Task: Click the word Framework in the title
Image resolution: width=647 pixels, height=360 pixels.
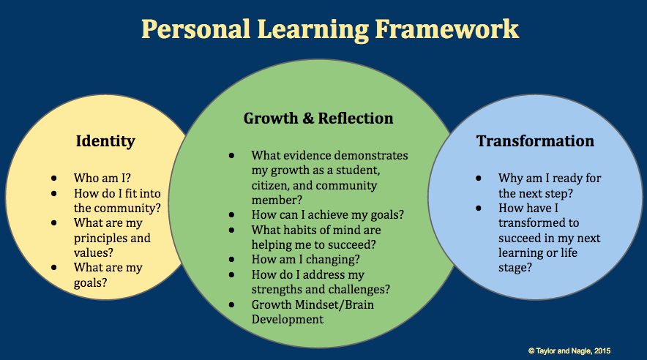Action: (x=446, y=30)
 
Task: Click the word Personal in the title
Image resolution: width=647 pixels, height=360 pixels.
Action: (x=196, y=30)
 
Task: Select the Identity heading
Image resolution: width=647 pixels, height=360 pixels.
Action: (x=105, y=141)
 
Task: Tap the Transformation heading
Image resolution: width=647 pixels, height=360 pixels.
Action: (x=535, y=141)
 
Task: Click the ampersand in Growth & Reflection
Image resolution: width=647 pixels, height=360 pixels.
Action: (x=308, y=119)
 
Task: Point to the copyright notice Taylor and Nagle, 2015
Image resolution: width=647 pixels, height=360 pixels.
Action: (x=569, y=351)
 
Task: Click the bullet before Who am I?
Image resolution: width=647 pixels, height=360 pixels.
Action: (x=54, y=178)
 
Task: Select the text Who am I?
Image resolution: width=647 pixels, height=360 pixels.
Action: (x=102, y=178)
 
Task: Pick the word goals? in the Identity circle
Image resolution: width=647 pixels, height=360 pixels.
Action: (x=90, y=283)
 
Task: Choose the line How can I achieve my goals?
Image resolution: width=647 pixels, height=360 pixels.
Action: (x=328, y=215)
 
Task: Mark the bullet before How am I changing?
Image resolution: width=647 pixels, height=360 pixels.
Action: (x=231, y=260)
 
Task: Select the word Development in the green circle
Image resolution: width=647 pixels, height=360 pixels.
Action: (x=288, y=320)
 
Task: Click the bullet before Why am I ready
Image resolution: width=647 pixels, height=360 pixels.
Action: (x=479, y=179)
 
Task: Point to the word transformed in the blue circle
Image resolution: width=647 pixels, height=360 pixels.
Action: (x=539, y=223)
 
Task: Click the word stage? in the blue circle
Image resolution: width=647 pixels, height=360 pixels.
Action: (x=515, y=268)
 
